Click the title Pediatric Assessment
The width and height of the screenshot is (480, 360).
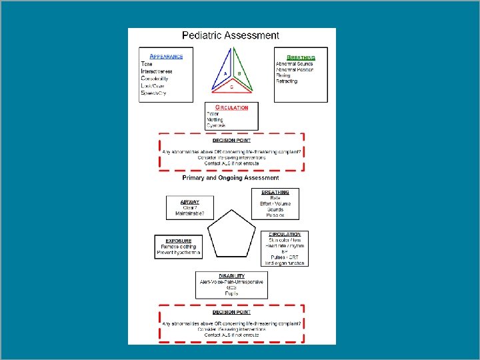pyautogui.click(x=231, y=35)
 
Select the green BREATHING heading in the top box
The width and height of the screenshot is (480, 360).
pyautogui.click(x=301, y=58)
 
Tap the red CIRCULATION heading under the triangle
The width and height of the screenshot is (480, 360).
pyautogui.click(x=232, y=107)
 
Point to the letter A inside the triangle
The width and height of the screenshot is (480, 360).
pyautogui.click(x=225, y=73)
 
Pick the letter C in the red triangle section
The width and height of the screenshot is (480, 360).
pyautogui.click(x=232, y=87)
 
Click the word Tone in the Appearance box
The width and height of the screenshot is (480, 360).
pyautogui.click(x=147, y=64)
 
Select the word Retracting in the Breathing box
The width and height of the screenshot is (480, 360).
pyautogui.click(x=287, y=82)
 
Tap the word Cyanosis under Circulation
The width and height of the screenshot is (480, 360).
pyautogui.click(x=216, y=125)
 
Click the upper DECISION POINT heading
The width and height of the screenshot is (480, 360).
pyautogui.click(x=231, y=141)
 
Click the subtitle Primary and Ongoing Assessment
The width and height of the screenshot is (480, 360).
pyautogui.click(x=231, y=178)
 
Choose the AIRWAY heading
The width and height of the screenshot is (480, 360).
pyautogui.click(x=190, y=201)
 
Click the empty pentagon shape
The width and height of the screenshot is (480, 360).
pyautogui.click(x=231, y=236)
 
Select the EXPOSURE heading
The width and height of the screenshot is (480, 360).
pyautogui.click(x=178, y=241)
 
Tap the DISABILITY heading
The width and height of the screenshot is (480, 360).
pyautogui.click(x=231, y=275)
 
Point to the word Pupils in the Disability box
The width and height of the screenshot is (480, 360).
pyautogui.click(x=231, y=293)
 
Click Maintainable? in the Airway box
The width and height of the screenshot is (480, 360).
pyautogui.click(x=190, y=214)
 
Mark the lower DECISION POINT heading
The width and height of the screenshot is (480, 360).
pyautogui.click(x=231, y=312)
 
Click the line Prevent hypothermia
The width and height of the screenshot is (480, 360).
pyautogui.click(x=178, y=253)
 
